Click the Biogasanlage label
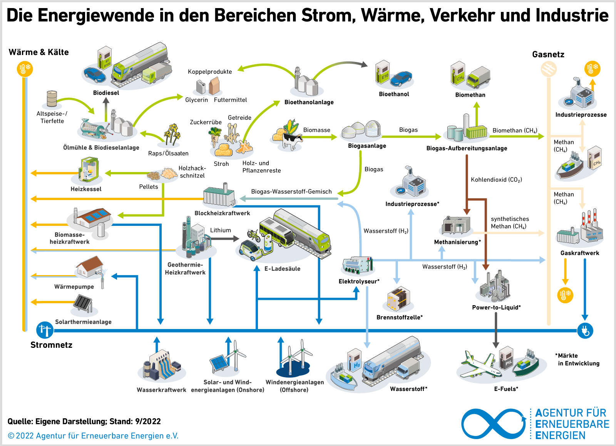[367, 146]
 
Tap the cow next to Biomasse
[291, 140]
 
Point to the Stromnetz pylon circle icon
[45, 330]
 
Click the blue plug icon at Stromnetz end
[585, 330]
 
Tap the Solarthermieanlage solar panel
[83, 304]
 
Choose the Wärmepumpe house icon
[90, 267]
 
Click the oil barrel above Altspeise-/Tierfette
[52, 99]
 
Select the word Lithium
[221, 230]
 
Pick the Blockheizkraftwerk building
[219, 196]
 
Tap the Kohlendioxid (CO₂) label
[496, 180]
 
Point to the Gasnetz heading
[548, 55]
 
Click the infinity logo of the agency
[494, 424]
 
